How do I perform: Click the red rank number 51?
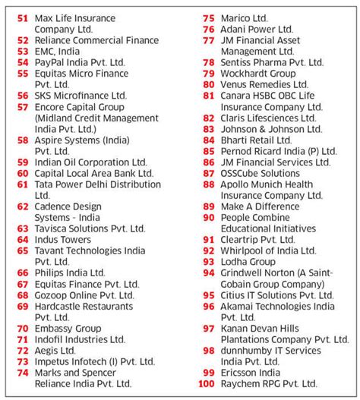click(x=22, y=17)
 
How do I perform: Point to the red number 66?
click(x=22, y=272)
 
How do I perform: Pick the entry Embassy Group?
click(x=68, y=329)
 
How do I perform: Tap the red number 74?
click(x=22, y=373)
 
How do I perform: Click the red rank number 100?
click(x=205, y=384)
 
